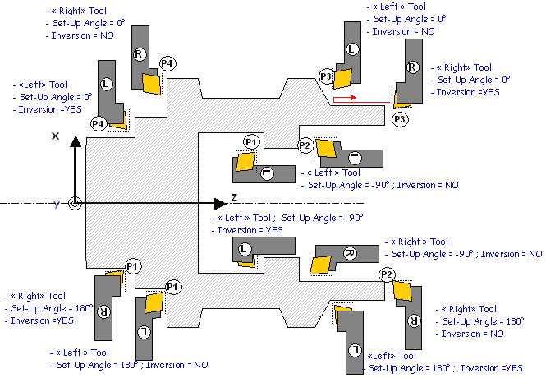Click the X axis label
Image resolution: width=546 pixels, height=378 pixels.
click(x=55, y=136)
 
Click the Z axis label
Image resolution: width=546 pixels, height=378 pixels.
click(x=234, y=198)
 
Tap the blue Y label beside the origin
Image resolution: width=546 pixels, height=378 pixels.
click(x=57, y=204)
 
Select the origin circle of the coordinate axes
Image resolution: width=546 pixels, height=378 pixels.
click(x=75, y=203)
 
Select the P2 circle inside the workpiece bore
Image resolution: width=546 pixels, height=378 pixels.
click(x=305, y=145)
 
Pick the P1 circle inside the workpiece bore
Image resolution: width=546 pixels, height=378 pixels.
click(x=252, y=142)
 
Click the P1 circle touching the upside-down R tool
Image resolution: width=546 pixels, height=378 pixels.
click(x=133, y=265)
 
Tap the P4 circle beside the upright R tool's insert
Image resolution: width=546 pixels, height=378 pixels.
click(x=167, y=63)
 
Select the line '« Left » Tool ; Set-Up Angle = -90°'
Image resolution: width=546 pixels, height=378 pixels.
click(x=287, y=219)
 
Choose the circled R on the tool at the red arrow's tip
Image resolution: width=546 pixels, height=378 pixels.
click(x=412, y=67)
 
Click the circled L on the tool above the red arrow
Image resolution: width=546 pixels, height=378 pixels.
click(x=353, y=49)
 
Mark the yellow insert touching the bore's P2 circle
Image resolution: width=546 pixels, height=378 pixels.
click(x=326, y=149)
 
